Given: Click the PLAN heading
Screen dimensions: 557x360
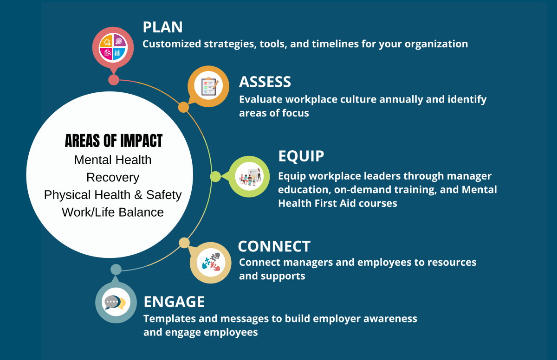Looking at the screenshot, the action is pos(162,27).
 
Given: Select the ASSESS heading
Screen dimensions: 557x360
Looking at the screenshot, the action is pos(265,82).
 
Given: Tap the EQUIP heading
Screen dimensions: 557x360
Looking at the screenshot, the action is pos(301,156).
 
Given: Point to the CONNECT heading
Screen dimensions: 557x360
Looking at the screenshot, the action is pos(274,246).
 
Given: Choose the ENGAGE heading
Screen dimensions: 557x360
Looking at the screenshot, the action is pos(174,302).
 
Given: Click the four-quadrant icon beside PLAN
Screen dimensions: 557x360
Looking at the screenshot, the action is pos(113,47).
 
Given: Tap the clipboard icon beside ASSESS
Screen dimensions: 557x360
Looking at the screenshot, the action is pos(209,86).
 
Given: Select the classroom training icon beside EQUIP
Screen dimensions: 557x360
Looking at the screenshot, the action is pos(249,176).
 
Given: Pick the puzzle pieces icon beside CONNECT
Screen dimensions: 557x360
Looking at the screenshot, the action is pos(211,262).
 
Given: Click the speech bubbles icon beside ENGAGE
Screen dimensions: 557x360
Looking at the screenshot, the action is pos(116,302).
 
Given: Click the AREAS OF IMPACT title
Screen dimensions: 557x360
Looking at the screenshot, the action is pos(114,141).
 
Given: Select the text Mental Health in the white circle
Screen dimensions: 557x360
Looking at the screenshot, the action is pos(113,160).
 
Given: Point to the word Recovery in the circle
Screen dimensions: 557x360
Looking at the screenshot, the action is pos(113,177).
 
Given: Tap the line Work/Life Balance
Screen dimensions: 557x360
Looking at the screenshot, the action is pos(113,212).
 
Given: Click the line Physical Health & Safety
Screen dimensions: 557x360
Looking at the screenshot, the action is pos(113,195).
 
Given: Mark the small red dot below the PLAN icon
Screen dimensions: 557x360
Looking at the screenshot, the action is pos(114,80).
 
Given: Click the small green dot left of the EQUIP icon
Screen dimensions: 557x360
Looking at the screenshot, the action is pos(215,177).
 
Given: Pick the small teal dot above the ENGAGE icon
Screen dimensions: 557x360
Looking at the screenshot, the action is pos(116,270).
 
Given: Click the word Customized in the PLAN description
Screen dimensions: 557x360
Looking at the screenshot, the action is pos(172,44).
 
